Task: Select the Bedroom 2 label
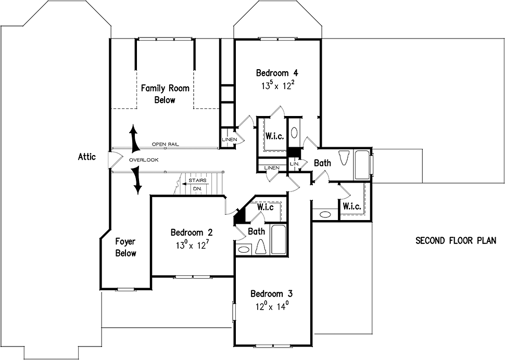click(x=192, y=232)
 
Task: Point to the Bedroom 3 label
click(x=271, y=294)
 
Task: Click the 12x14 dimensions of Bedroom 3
click(x=271, y=306)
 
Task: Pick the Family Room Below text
click(x=165, y=94)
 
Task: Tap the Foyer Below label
click(x=125, y=248)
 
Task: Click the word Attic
click(x=87, y=157)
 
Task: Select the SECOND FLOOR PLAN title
click(x=456, y=241)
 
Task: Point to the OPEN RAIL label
click(x=165, y=145)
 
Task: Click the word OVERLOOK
click(x=144, y=160)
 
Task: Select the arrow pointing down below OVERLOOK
click(x=138, y=181)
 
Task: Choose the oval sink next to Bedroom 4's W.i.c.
click(x=294, y=133)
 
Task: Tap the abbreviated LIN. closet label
click(x=295, y=164)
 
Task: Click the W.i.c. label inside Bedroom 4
click(x=275, y=136)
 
